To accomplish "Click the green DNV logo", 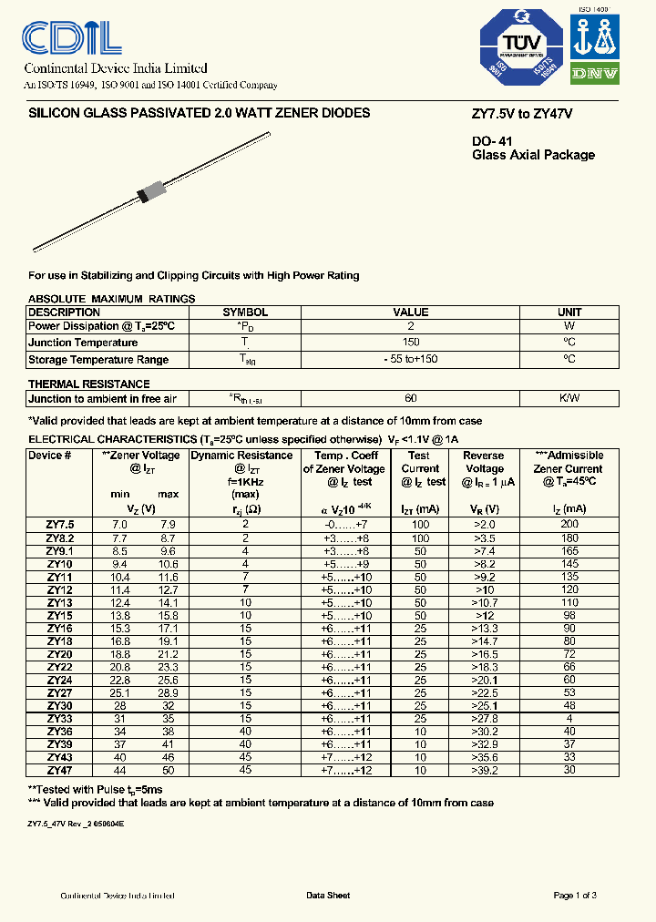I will pyautogui.click(x=595, y=74).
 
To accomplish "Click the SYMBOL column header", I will pyautogui.click(x=245, y=312).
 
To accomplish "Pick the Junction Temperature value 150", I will pyautogui.click(x=410, y=343).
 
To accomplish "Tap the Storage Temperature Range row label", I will pyautogui.click(x=98, y=359).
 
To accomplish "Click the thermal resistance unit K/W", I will pyautogui.click(x=569, y=398).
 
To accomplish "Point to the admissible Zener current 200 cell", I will pyautogui.click(x=569, y=525).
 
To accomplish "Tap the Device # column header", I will pyautogui.click(x=50, y=456).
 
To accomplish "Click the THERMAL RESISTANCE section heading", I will pyautogui.click(x=89, y=384).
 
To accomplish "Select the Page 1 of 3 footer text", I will pyautogui.click(x=575, y=896).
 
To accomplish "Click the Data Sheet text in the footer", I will pyautogui.click(x=327, y=896).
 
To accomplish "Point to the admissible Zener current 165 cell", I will pyautogui.click(x=569, y=551).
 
